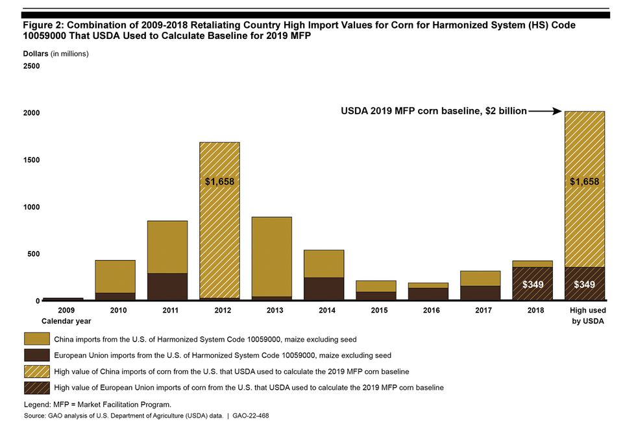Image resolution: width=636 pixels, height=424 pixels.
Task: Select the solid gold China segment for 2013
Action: (x=271, y=256)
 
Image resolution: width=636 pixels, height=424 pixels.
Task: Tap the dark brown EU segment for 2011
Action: (x=167, y=287)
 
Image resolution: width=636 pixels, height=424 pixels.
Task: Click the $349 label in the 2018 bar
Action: (x=532, y=285)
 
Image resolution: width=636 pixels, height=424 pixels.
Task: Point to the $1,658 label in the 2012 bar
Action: (x=219, y=182)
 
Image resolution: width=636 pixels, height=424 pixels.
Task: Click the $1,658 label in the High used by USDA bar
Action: (x=584, y=182)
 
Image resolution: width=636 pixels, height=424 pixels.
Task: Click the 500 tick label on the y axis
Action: (x=33, y=254)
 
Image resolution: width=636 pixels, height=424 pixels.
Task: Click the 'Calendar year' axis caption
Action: (x=66, y=321)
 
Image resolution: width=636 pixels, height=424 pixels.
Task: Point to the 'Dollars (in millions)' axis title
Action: (x=56, y=54)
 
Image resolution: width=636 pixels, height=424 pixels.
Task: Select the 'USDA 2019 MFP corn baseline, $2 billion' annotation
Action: (x=434, y=112)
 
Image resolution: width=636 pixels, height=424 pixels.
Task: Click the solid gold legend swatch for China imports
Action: (x=36, y=338)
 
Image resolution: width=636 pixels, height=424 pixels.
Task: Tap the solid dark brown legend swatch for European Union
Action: (x=36, y=355)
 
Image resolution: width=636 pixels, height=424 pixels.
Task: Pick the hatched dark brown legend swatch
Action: (x=36, y=387)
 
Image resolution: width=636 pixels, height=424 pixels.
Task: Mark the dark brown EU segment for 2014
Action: (x=323, y=289)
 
